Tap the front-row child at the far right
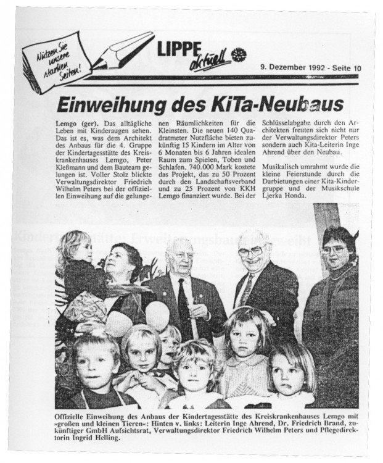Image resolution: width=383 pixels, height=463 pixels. (290, 374)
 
